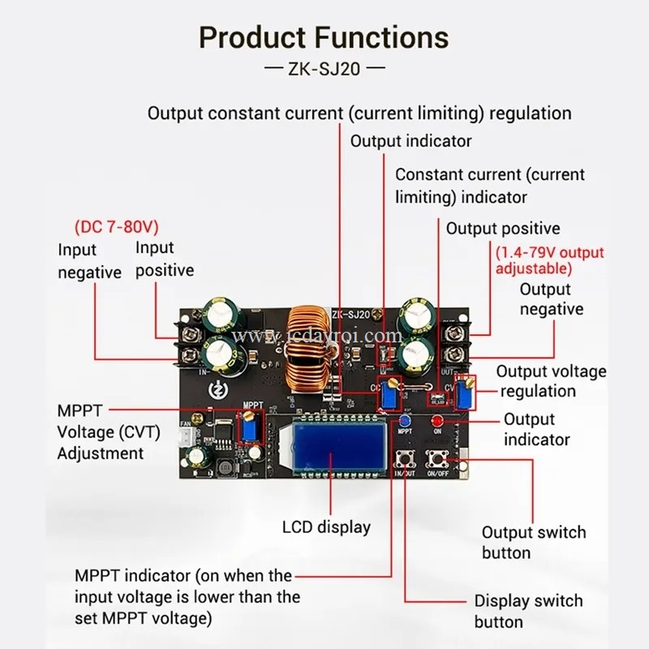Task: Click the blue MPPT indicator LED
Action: click(405, 422)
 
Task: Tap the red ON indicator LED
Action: click(437, 421)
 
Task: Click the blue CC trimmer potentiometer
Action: click(389, 394)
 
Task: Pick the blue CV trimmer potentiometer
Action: click(466, 393)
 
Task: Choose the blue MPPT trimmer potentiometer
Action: click(250, 428)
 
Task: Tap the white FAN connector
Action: click(185, 438)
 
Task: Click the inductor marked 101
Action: click(225, 468)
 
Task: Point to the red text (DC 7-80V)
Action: click(117, 226)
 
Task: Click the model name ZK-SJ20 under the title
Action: click(324, 69)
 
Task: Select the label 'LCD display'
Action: click(327, 527)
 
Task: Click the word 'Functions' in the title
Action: click(382, 37)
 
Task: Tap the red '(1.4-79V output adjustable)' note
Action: click(550, 260)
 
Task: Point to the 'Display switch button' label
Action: click(529, 612)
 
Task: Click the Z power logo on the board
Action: click(217, 389)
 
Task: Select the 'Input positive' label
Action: click(165, 259)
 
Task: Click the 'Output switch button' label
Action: click(534, 542)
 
